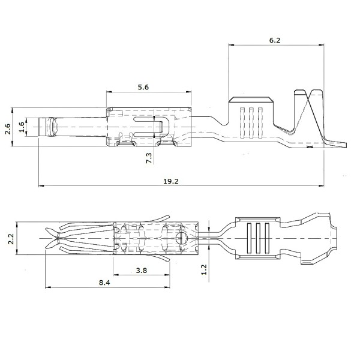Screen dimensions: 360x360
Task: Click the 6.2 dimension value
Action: pos(275,40)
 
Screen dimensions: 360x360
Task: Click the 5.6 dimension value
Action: pos(143,87)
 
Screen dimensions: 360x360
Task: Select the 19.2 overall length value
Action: pos(171,181)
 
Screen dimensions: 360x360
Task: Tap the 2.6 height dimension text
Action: pos(8,128)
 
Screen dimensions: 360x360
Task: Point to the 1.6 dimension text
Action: pos(22,127)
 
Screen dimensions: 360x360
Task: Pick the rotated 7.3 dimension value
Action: pos(149,158)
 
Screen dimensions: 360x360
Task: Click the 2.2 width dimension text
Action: pos(11,239)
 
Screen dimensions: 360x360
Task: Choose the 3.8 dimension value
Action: pos(141,271)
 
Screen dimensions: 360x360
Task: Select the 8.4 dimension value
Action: pos(104,283)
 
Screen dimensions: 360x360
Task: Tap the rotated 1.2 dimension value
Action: pos(204,269)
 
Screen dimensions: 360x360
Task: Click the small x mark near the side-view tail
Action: pos(309,146)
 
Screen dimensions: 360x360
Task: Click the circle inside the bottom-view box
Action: pos(182,238)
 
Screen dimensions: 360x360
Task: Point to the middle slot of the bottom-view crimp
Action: pos(258,238)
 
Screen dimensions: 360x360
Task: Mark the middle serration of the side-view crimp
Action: pos(251,123)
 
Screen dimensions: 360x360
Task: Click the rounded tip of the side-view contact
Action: pos(52,127)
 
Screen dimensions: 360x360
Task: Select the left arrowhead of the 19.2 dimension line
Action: pos(41,185)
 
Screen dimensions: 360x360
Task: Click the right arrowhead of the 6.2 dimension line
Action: pos(321,45)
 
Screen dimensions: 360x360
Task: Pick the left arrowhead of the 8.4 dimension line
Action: pos(48,287)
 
